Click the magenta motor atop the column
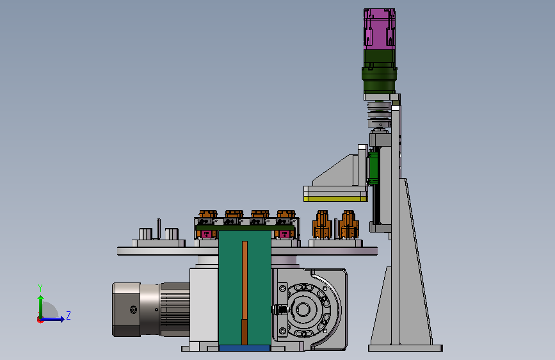coord(380,29)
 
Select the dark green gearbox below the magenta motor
coord(379,72)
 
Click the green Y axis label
coord(40,288)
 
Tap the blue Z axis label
coord(68,315)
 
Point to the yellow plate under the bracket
coord(335,199)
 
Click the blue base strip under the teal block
coord(245,348)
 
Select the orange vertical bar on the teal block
coord(245,293)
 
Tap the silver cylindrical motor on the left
coord(151,309)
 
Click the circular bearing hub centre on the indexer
coord(303,309)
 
